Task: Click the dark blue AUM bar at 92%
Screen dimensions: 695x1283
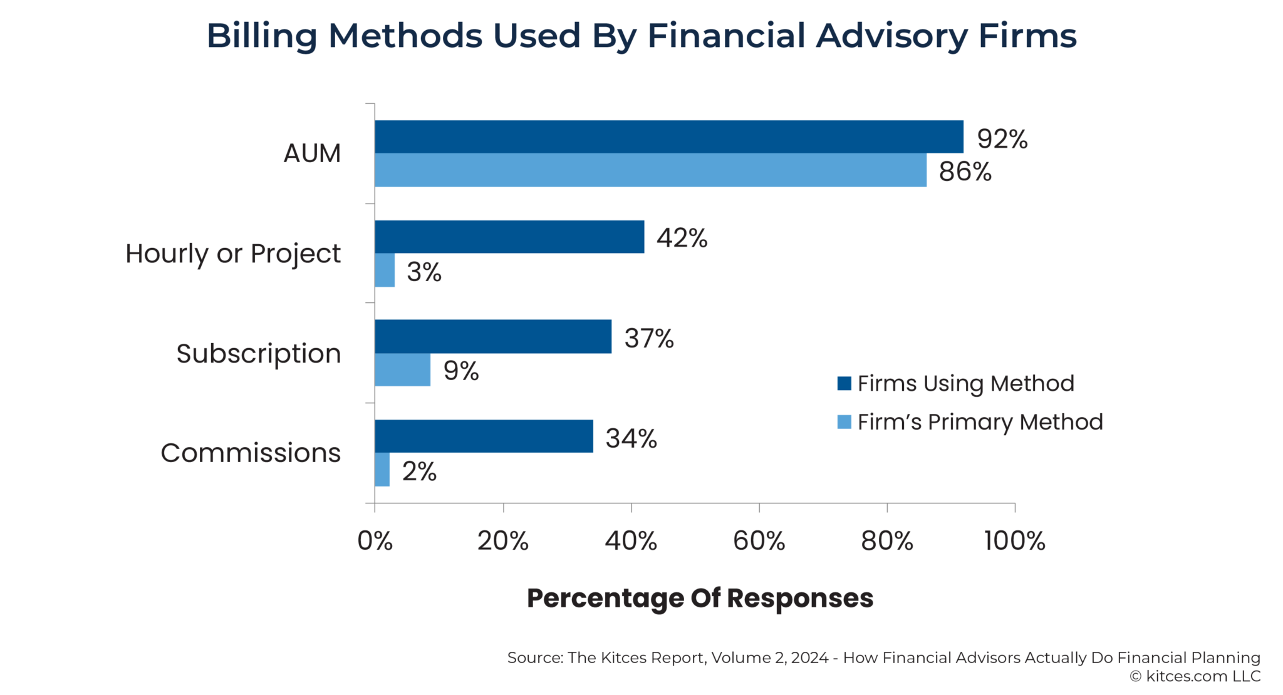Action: tap(668, 136)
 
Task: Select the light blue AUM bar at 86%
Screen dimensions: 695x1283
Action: tap(650, 170)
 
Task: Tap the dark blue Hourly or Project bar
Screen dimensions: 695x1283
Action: tap(509, 237)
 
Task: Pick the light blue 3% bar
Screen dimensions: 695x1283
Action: tap(385, 270)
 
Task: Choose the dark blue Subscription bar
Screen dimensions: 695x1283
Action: tap(493, 336)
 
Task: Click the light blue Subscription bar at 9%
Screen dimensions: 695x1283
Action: tap(402, 369)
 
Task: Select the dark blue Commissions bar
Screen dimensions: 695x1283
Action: tap(484, 436)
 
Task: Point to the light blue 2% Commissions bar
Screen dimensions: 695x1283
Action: tap(382, 469)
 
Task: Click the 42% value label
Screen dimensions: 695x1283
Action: tap(682, 238)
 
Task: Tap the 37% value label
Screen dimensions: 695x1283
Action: tap(649, 338)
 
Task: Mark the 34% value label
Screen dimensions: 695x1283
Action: tap(631, 438)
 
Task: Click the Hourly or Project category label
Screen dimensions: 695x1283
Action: tap(232, 254)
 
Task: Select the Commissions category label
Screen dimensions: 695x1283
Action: tap(250, 453)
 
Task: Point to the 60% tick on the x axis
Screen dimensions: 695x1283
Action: tap(759, 541)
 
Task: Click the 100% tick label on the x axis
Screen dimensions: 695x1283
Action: tap(1014, 541)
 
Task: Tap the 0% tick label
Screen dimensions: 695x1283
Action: tap(375, 541)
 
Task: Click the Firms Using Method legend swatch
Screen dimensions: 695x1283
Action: tap(844, 383)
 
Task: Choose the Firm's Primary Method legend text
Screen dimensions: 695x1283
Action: tap(980, 422)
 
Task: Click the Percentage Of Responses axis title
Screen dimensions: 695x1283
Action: tap(700, 598)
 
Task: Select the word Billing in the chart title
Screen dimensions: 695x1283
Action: tap(262, 36)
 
